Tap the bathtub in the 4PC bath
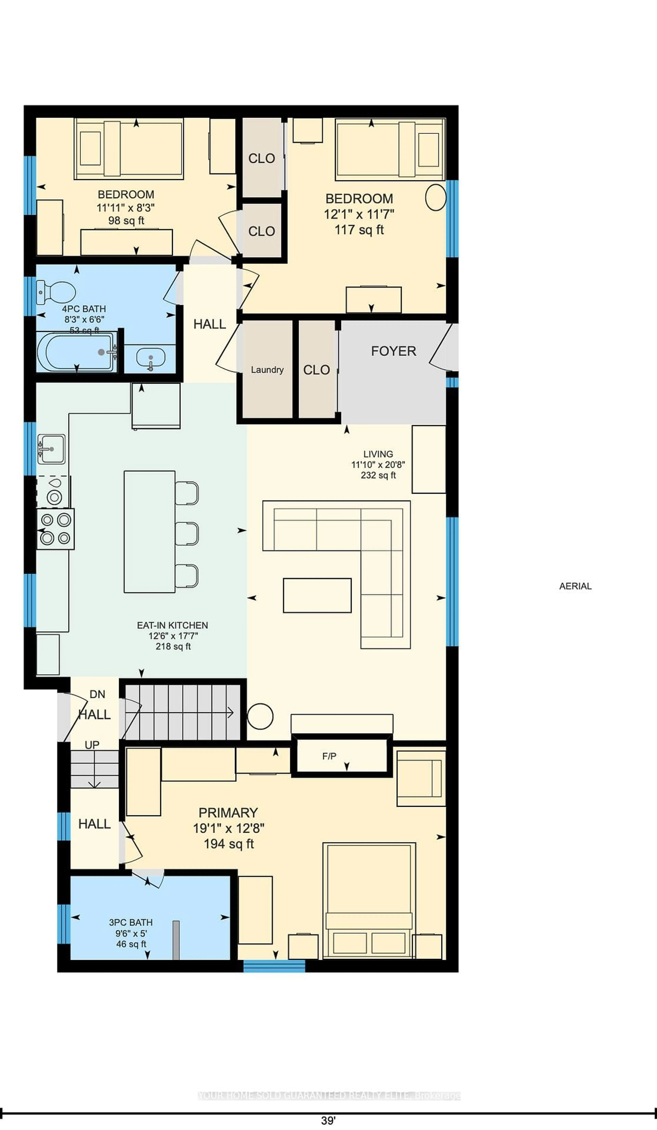pyautogui.click(x=76, y=352)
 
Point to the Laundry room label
pyautogui.click(x=267, y=370)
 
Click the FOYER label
pyautogui.click(x=394, y=351)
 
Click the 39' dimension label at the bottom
pyautogui.click(x=328, y=1120)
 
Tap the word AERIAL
pyautogui.click(x=575, y=586)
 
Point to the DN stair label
pyautogui.click(x=97, y=694)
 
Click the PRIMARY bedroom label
pyautogui.click(x=228, y=812)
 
